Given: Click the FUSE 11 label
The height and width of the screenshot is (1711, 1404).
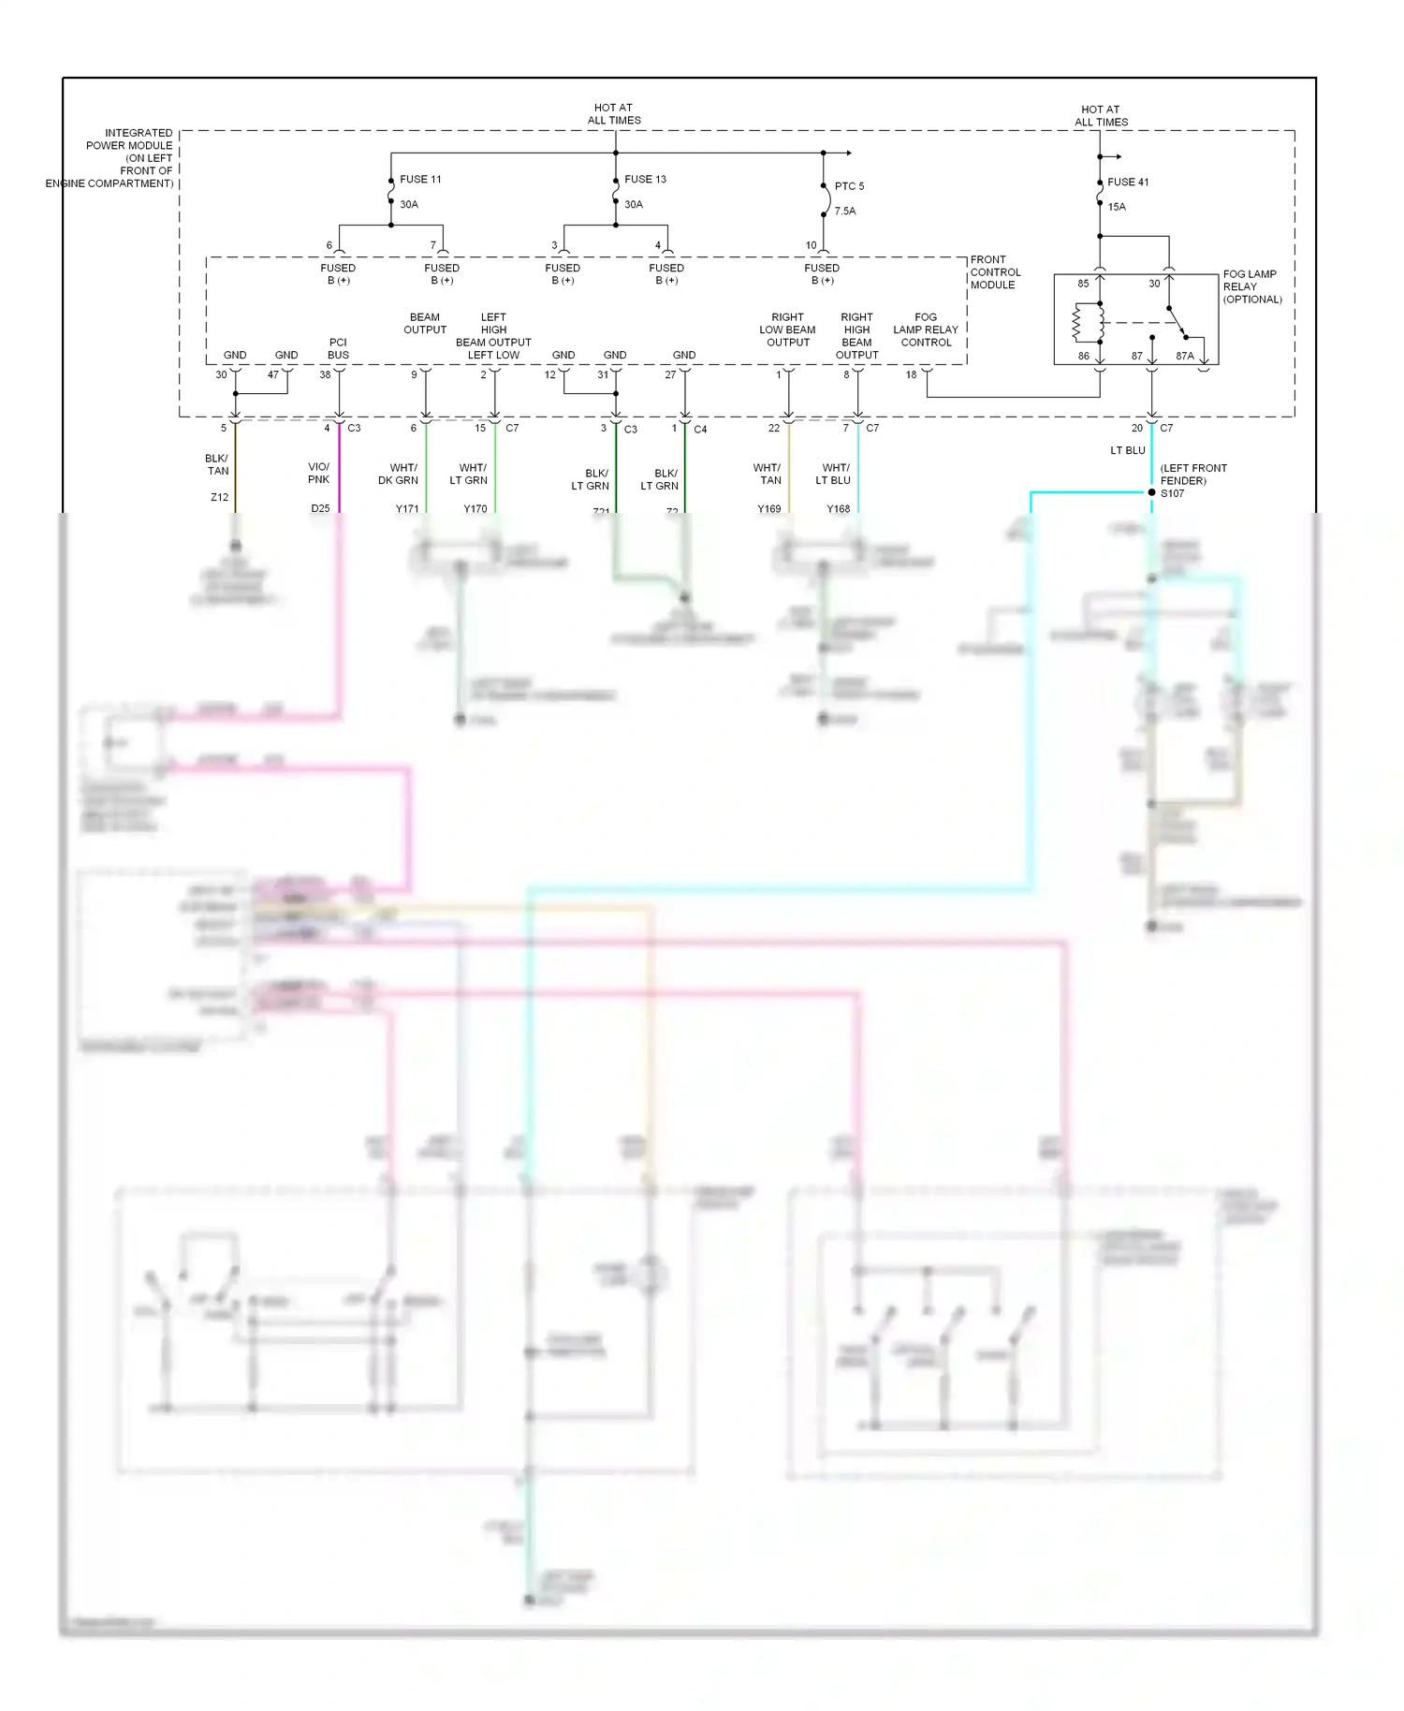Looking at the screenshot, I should (x=420, y=179).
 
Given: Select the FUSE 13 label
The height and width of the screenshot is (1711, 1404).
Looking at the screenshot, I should (x=645, y=179).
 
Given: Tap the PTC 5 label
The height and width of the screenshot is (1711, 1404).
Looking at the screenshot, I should (x=849, y=186).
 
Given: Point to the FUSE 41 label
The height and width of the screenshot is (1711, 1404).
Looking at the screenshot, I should (x=1128, y=183).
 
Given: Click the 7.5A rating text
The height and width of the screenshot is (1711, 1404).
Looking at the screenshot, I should (x=845, y=212).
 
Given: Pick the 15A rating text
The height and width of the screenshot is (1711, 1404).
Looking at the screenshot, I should (x=1117, y=207).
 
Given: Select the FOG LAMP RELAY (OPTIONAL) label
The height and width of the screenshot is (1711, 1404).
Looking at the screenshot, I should (x=1251, y=286).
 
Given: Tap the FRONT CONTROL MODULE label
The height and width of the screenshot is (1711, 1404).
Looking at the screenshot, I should (x=995, y=272).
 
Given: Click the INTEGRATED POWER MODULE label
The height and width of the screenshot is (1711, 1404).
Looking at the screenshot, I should (x=122, y=157).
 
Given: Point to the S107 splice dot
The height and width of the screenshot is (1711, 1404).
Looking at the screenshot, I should (x=1151, y=492).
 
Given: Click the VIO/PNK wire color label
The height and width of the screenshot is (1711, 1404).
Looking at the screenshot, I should (x=318, y=473).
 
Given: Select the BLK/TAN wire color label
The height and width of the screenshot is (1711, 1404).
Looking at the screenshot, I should (x=217, y=465).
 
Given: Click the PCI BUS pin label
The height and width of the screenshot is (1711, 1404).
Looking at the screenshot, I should (x=338, y=348).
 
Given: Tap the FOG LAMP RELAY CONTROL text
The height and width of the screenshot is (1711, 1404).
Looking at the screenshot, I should (x=925, y=329).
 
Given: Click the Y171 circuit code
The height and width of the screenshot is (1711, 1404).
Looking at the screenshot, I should (x=407, y=509).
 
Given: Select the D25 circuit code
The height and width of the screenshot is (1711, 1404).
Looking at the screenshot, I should (x=320, y=508).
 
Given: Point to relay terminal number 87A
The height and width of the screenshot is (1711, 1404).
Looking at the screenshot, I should (x=1184, y=356).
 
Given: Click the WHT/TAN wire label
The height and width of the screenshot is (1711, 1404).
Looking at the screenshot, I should (x=768, y=474).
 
